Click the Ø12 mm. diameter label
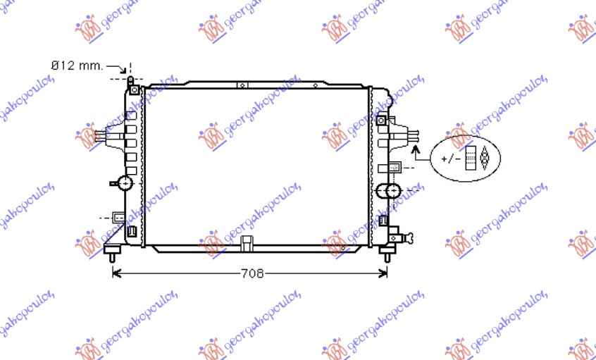[77, 66]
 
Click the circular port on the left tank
[125, 183]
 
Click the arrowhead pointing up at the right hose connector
[416, 149]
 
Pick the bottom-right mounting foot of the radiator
[387, 250]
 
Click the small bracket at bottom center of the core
[247, 243]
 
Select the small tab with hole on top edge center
[242, 85]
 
